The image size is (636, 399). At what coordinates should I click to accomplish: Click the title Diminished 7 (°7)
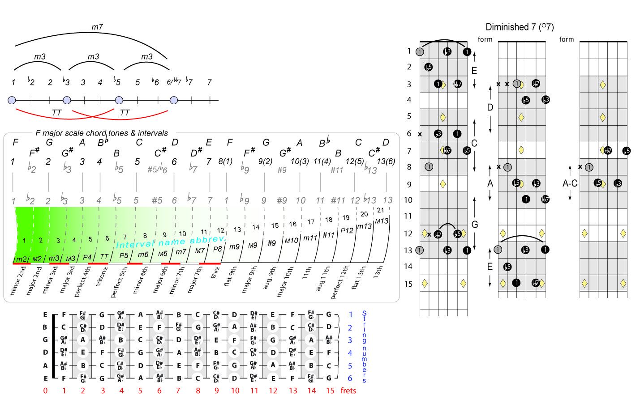click(520, 27)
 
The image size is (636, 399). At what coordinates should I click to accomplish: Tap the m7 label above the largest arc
click(97, 27)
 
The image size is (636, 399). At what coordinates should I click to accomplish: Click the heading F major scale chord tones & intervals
click(102, 133)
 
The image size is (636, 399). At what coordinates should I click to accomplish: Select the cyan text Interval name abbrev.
click(171, 242)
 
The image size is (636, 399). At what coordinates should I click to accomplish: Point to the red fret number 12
click(273, 391)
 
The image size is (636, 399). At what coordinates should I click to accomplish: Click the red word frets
click(348, 391)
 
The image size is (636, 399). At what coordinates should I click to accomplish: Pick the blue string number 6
click(350, 378)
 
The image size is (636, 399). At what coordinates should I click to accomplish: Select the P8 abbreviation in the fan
click(217, 249)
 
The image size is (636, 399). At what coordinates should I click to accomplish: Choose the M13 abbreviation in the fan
click(382, 221)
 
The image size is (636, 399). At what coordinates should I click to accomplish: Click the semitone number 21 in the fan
click(380, 210)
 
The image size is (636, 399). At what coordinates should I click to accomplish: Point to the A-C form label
click(570, 183)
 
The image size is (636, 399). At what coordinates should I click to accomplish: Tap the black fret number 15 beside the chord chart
click(408, 284)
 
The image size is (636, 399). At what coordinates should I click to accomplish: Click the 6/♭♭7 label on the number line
click(174, 82)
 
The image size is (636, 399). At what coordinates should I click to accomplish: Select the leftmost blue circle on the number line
click(12, 100)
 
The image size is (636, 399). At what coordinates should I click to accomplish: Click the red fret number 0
click(45, 391)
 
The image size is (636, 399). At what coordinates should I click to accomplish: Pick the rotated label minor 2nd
click(18, 281)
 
